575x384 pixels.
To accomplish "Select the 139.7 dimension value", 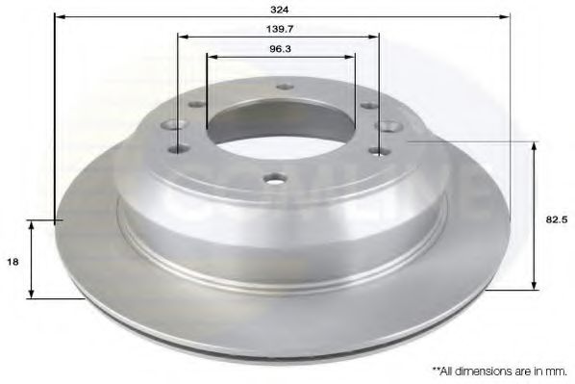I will pos(279,31).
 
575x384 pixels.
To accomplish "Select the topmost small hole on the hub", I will pos(282,88).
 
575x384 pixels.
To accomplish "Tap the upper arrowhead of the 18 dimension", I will pos(35,224).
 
